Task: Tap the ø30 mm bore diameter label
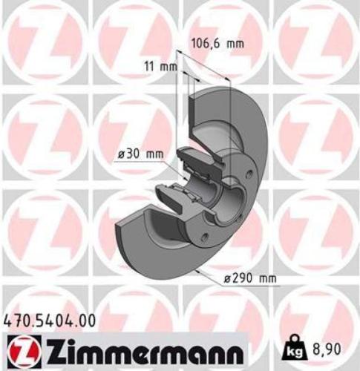point(140,154)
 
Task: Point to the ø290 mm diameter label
point(250,278)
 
